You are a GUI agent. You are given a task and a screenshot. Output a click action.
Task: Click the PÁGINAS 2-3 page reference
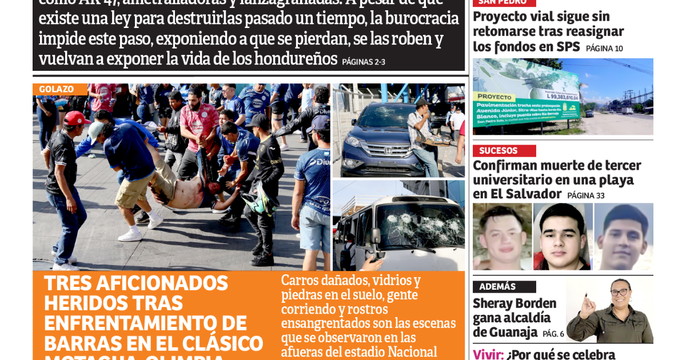coord(364,62)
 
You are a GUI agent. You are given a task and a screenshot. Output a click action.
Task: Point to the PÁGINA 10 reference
coord(604,49)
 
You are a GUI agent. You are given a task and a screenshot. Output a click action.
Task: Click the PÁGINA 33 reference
coord(586,195)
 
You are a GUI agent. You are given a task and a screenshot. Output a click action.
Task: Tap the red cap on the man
coord(76,118)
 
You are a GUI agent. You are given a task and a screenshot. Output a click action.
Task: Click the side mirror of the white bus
coord(376,236)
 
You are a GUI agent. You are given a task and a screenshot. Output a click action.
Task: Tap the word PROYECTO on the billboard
coord(495,97)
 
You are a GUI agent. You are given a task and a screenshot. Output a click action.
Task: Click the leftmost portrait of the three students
coord(502,237)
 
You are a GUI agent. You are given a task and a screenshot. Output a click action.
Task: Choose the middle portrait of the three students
coord(563,237)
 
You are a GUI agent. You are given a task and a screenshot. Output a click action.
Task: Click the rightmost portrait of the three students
coord(623,237)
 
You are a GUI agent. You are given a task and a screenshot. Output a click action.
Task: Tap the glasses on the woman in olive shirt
coord(619,293)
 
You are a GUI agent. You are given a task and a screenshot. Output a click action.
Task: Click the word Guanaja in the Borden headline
coord(505,332)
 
